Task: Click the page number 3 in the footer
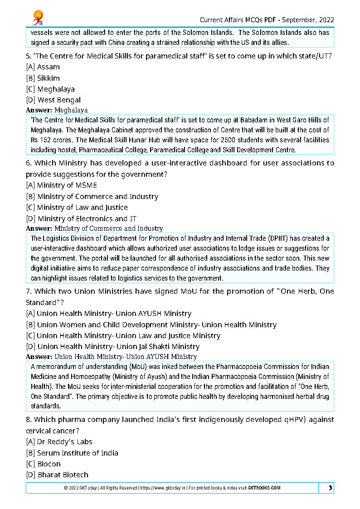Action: click(x=331, y=488)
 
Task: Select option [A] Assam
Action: click(x=43, y=67)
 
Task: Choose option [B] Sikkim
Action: click(x=43, y=78)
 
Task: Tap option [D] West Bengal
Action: click(x=53, y=100)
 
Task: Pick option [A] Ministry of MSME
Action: click(x=61, y=185)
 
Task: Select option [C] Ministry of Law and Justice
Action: click(x=77, y=208)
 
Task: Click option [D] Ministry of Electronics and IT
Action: click(x=81, y=218)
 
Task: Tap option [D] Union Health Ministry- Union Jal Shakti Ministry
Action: click(x=112, y=347)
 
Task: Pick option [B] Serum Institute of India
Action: click(x=72, y=453)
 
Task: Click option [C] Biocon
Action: click(x=43, y=464)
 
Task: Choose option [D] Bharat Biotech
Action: click(x=57, y=475)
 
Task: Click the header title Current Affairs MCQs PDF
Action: click(x=238, y=20)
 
